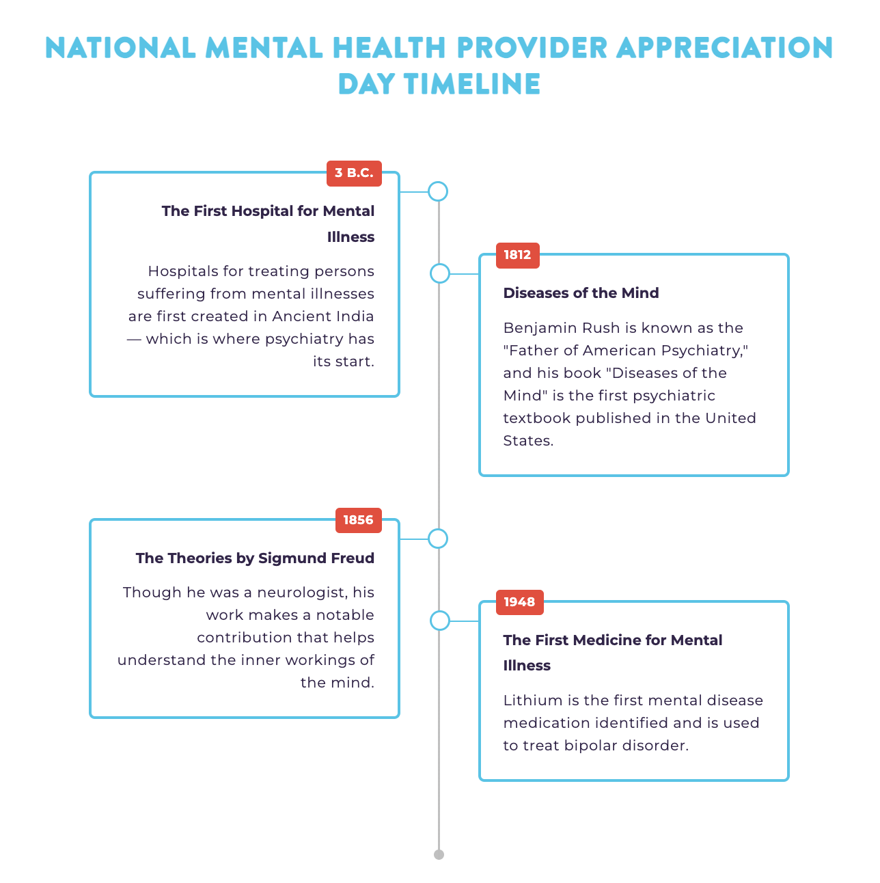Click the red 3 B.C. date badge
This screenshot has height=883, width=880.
click(354, 173)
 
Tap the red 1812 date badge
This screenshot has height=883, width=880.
click(518, 255)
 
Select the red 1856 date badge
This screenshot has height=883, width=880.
click(358, 520)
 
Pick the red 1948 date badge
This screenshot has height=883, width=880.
click(519, 602)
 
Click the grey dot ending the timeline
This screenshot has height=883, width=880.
click(439, 854)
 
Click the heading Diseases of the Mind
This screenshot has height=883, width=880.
click(581, 293)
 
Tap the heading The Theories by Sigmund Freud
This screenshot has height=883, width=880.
click(255, 558)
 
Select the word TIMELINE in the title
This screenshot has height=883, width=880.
click(471, 84)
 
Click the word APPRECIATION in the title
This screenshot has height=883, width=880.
click(724, 48)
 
